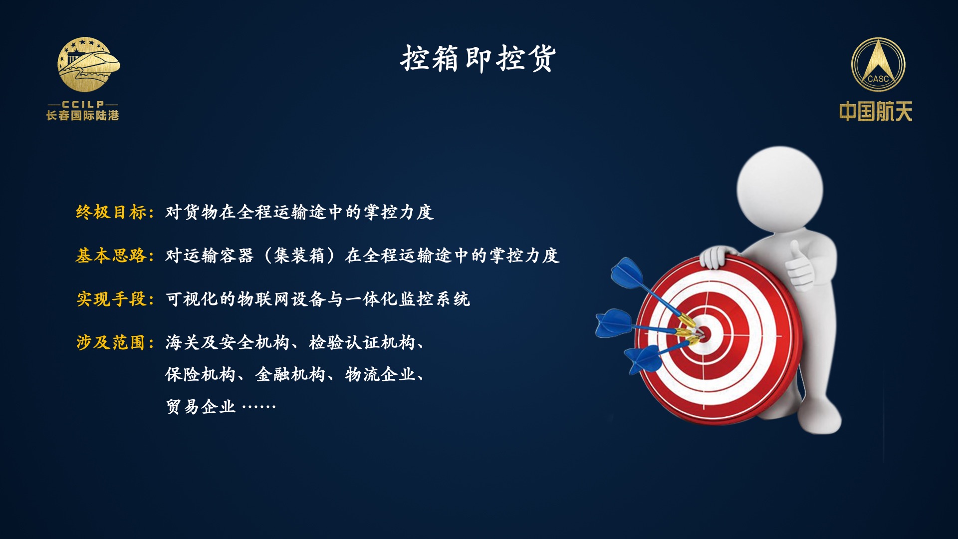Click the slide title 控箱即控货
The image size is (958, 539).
478,58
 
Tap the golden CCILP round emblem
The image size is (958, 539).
88,64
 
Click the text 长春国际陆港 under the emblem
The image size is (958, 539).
83,116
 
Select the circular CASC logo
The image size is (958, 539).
878,65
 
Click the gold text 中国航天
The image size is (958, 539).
876,111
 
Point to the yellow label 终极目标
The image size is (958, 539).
111,212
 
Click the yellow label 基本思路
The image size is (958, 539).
111,256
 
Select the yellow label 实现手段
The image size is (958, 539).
111,299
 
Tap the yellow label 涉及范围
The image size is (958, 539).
111,342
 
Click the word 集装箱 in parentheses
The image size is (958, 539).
299,256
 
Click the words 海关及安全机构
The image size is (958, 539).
228,342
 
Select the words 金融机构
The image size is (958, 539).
290,374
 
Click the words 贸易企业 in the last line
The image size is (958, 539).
201,407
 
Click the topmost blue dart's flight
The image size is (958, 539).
627,272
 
